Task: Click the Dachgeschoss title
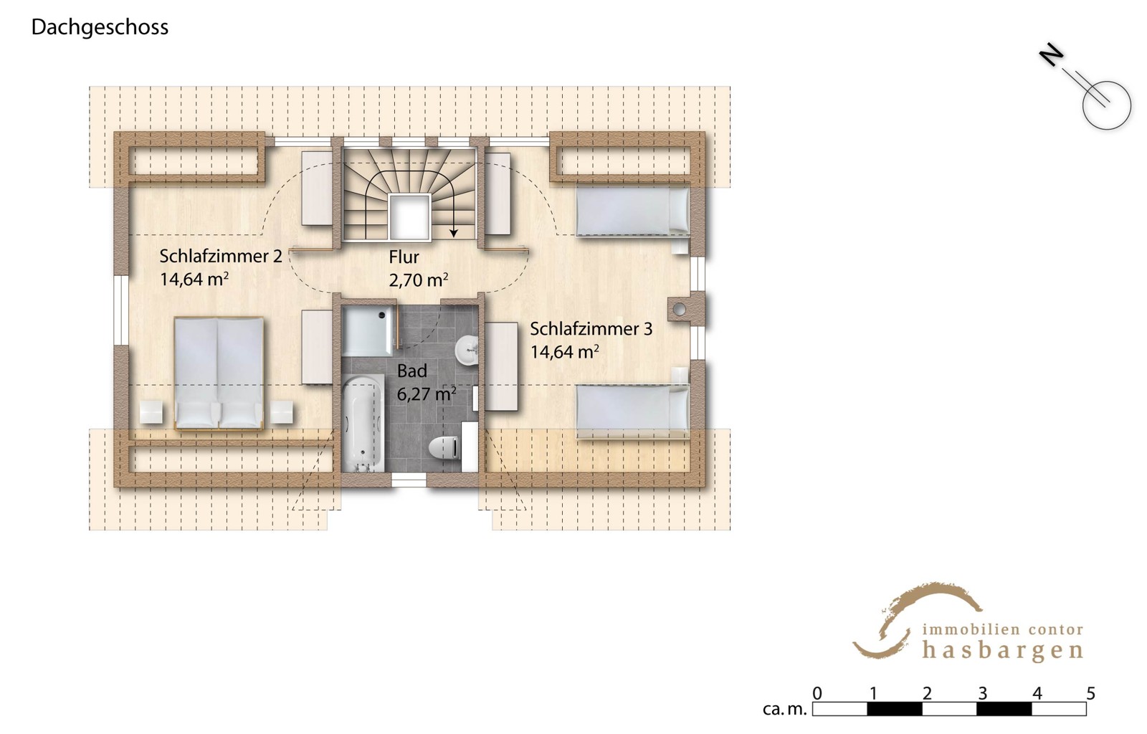(100, 28)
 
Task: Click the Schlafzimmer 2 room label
(221, 256)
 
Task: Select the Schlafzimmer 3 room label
(591, 328)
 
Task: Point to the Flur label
(404, 257)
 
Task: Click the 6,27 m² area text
(427, 394)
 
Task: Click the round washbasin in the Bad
(467, 350)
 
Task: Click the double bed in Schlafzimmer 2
(219, 373)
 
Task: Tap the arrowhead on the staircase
(453, 233)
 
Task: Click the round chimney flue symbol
(680, 309)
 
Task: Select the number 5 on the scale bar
(1090, 694)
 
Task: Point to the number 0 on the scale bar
(817, 694)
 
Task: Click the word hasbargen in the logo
(1003, 651)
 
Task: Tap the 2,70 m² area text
(419, 280)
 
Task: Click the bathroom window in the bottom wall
(409, 480)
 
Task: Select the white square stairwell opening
(409, 217)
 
